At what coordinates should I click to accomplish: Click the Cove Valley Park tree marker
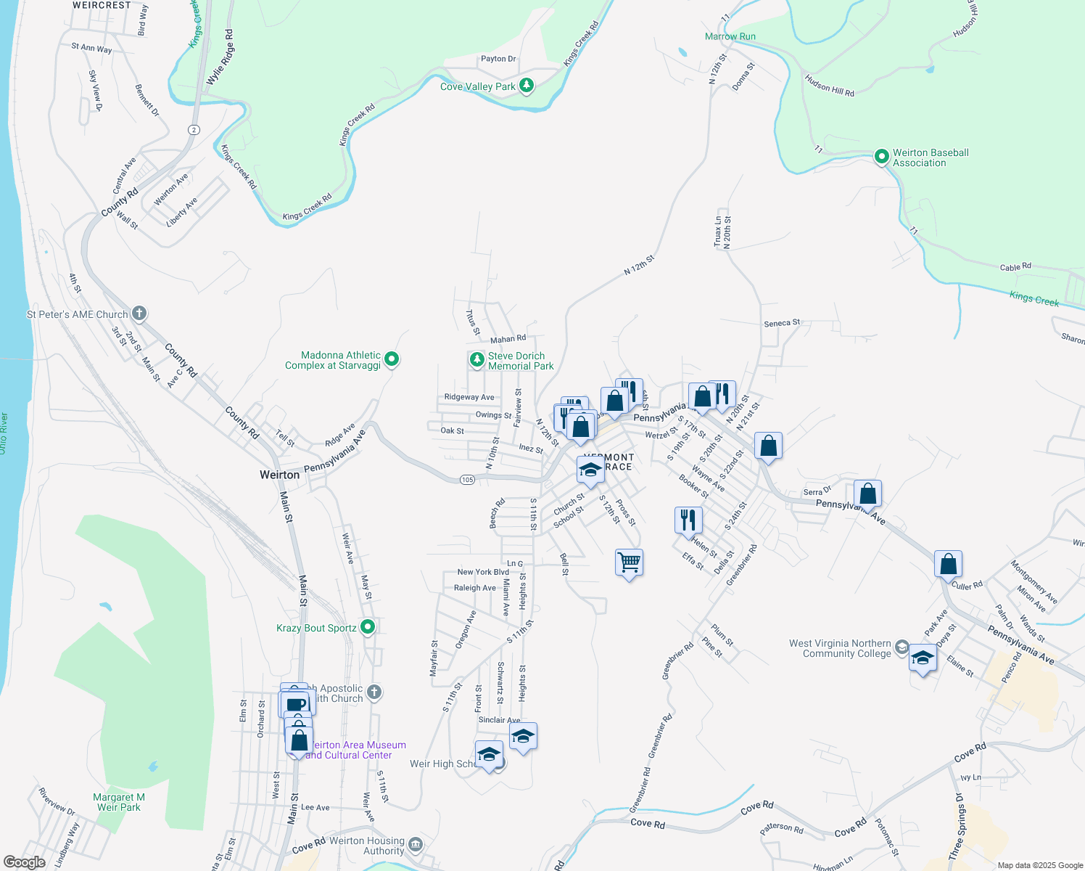[x=527, y=86]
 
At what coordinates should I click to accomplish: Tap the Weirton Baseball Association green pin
[x=882, y=156]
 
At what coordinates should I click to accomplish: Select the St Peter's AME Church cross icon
[x=139, y=314]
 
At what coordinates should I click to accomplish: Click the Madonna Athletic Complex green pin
[x=392, y=359]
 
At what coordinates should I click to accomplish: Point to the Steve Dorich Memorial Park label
[x=520, y=361]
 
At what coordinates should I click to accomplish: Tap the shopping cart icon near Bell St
[x=629, y=563]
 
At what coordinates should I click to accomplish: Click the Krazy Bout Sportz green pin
[x=368, y=626]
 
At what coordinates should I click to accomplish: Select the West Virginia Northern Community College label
[x=840, y=648]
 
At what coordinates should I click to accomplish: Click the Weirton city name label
[x=279, y=475]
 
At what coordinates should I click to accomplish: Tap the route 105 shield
[x=467, y=480]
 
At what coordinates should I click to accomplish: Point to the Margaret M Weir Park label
[x=119, y=802]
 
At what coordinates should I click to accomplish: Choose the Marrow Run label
[x=730, y=36]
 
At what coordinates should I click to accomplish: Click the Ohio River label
[x=4, y=434]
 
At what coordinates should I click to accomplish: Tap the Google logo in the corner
[x=24, y=862]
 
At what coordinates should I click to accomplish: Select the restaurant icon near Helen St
[x=688, y=520]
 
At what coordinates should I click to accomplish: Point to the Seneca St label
[x=781, y=322]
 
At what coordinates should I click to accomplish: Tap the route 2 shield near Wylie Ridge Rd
[x=194, y=129]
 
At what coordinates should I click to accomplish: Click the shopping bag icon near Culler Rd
[x=948, y=563]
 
